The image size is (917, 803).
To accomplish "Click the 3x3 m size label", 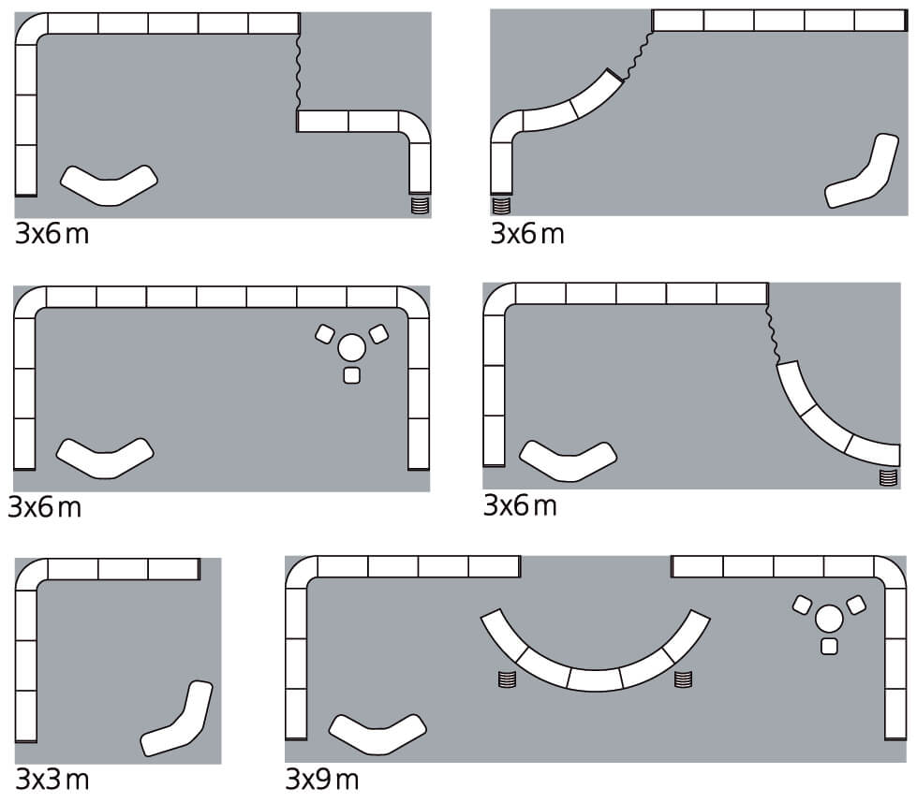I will point(52,779).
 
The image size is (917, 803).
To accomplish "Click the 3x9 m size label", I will point(322,779).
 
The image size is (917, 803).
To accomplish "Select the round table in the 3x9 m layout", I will point(829,619).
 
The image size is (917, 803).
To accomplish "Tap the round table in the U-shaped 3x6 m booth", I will point(351,348).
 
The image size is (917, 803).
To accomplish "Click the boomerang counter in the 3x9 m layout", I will point(377,733).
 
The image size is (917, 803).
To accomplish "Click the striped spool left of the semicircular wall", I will point(507,679).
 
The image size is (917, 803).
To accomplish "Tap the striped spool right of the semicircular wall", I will point(683,679).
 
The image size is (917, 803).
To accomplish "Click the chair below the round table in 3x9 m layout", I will point(829,646).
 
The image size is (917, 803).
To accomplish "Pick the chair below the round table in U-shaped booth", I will point(351,375).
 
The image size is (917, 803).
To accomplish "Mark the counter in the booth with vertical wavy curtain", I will point(109,184).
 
